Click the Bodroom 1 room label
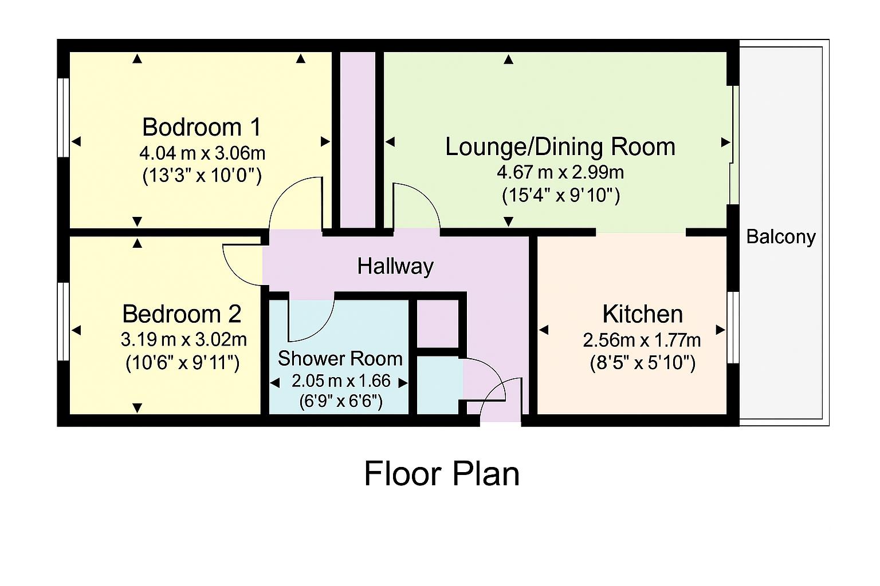(202, 127)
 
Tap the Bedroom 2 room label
(182, 314)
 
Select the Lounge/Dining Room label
(560, 146)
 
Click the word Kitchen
(642, 314)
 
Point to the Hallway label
(395, 266)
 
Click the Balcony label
(781, 236)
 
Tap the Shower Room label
(340, 359)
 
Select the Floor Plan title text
(442, 474)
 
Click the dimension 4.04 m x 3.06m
(202, 153)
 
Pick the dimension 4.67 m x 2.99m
(560, 172)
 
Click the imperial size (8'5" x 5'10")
(642, 363)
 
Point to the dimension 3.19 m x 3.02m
(183, 340)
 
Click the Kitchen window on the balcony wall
(733, 327)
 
